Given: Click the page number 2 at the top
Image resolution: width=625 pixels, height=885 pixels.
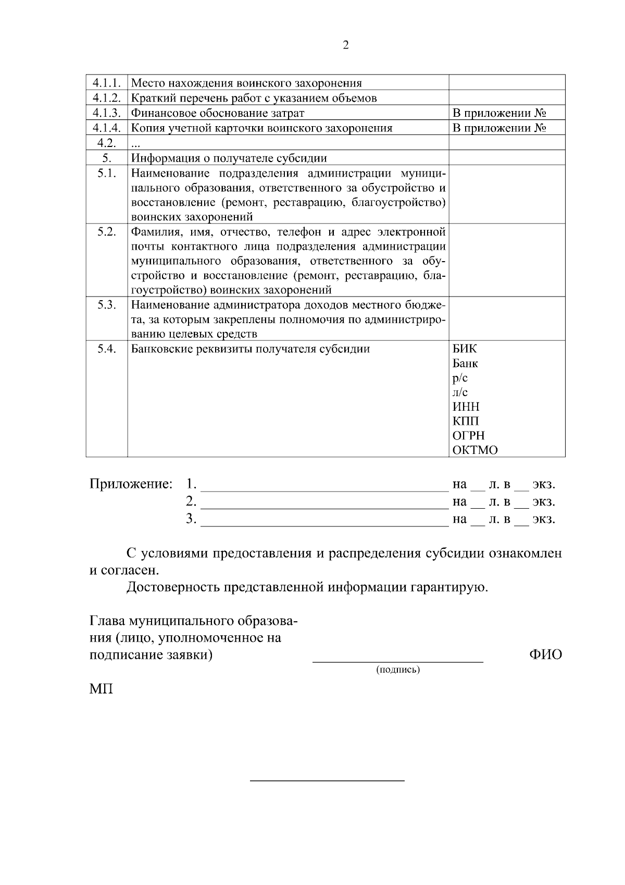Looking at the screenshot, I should [x=346, y=45].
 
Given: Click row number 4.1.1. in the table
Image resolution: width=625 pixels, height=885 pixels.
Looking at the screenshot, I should [x=107, y=83].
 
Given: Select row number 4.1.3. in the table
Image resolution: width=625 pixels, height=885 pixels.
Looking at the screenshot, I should [x=107, y=113].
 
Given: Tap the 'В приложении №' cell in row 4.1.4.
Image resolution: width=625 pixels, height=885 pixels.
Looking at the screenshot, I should [x=499, y=128].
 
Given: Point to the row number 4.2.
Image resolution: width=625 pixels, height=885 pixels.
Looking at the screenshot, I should [x=106, y=143].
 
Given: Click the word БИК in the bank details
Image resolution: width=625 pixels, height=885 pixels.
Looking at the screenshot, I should [x=464, y=349].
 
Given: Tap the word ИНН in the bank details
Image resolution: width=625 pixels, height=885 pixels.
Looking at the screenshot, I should [x=466, y=407].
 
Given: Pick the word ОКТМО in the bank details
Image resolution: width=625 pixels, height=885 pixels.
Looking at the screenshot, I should [x=474, y=450].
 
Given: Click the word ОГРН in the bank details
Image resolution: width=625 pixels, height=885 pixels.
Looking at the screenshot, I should [x=468, y=435].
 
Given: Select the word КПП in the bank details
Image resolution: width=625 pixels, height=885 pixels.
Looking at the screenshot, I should [x=466, y=421].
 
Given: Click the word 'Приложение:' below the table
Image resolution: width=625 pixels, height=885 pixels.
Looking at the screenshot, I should [x=131, y=484].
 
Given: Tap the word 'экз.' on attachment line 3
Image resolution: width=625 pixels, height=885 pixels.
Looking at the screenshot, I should [x=544, y=519].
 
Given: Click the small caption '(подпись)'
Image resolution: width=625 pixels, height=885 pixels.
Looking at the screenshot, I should [x=398, y=670].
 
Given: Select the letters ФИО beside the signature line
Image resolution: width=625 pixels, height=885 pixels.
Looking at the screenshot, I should [x=545, y=655].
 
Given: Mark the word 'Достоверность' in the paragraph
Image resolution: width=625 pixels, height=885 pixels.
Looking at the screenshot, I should [x=173, y=587].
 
